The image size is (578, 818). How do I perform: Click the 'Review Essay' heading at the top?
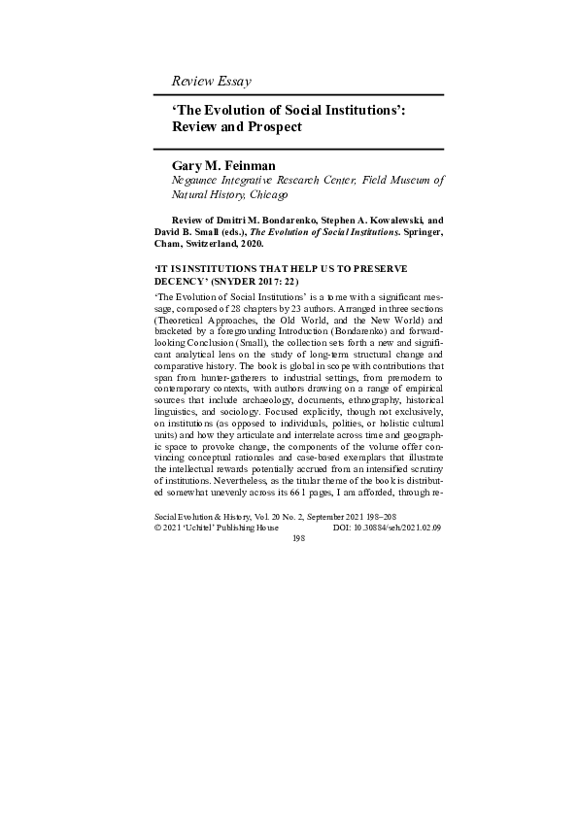click(x=211, y=81)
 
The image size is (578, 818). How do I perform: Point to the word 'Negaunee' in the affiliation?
click(x=201, y=181)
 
